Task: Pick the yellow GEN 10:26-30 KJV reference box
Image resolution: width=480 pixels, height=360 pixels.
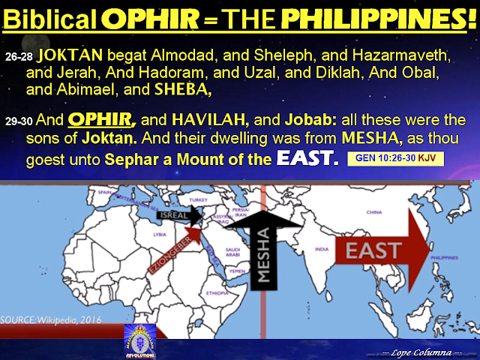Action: (394, 159)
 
